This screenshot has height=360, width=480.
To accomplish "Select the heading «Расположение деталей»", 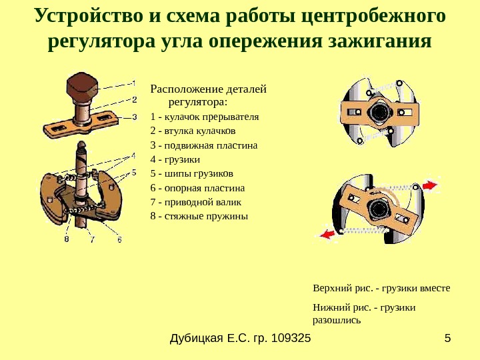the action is pyautogui.click(x=208, y=89).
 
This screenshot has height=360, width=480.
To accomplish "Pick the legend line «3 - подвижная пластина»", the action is pyautogui.click(x=204, y=145).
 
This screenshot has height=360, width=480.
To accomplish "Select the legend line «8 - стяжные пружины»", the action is pyautogui.click(x=199, y=217).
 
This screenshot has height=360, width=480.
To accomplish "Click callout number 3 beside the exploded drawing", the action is pyautogui.click(x=134, y=117).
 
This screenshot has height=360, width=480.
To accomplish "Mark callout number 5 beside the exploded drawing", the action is pyautogui.click(x=133, y=172).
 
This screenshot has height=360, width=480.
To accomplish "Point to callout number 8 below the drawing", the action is pyautogui.click(x=67, y=239).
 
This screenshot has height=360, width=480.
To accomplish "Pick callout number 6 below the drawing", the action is pyautogui.click(x=119, y=239).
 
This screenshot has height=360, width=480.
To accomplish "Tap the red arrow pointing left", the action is pyautogui.click(x=327, y=234).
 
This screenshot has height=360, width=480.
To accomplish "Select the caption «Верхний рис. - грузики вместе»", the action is pyautogui.click(x=381, y=289).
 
